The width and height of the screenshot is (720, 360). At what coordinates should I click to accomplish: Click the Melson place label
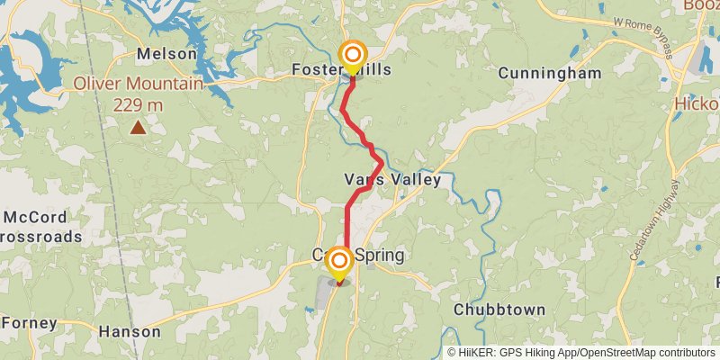point(166,54)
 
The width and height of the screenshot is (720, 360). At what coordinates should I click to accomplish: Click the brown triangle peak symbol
point(138,128)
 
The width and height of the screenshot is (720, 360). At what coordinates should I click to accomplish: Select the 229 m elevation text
point(138,104)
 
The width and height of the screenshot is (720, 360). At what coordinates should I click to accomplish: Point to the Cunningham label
point(549,72)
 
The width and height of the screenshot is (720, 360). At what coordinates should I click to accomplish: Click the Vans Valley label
point(392,180)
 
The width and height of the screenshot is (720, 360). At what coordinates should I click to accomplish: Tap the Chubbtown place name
point(499,310)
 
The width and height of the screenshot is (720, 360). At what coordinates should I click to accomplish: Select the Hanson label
point(129,331)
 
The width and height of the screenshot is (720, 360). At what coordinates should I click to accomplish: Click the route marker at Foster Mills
point(351,56)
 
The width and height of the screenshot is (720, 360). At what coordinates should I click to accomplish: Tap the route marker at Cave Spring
point(339,261)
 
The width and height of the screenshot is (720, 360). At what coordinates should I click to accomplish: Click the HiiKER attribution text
point(583,353)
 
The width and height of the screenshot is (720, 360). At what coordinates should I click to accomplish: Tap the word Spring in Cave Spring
point(380,256)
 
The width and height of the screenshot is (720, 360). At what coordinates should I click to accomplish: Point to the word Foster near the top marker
point(315,69)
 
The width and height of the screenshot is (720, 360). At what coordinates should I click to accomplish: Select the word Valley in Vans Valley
point(416,180)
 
